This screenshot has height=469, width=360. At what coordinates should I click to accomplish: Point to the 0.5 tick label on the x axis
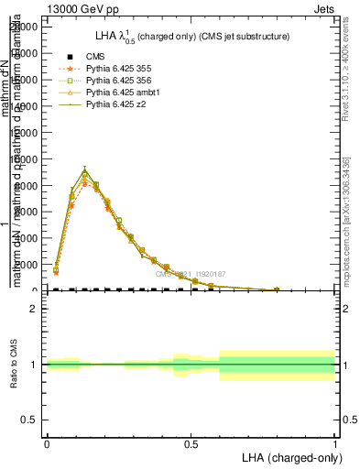(191, 443)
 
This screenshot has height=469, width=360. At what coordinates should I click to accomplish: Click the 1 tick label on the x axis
(335, 443)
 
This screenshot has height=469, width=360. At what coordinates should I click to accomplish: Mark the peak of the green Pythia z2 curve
(84, 172)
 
